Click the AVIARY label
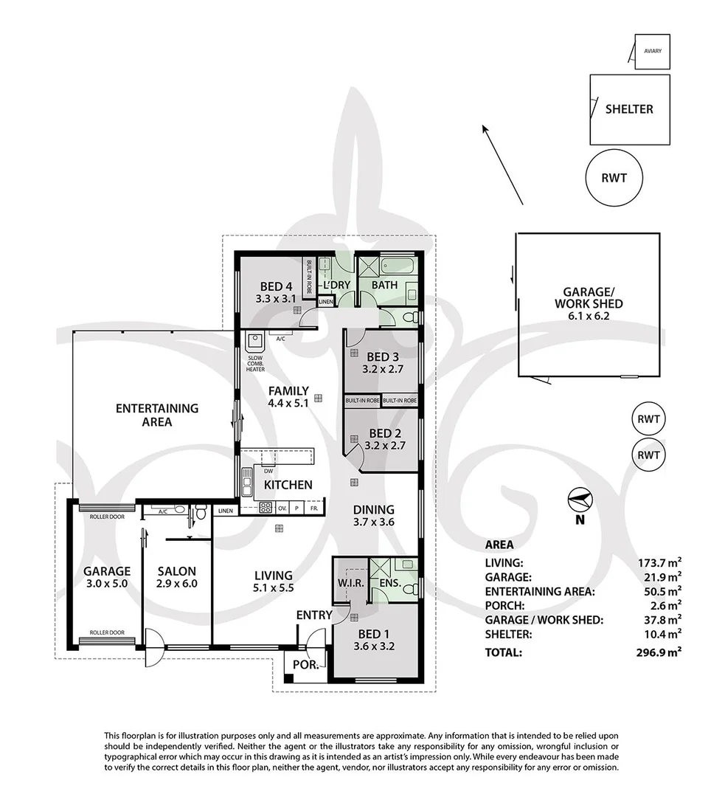tap(652, 51)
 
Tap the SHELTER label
tap(629, 108)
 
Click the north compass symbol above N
tap(580, 500)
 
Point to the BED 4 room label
tap(275, 286)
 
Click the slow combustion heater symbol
tap(254, 342)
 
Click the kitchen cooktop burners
tap(266, 507)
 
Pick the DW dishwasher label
tap(268, 471)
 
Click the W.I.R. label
tap(350, 583)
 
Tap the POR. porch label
tap(306, 664)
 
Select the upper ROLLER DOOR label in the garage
tap(107, 517)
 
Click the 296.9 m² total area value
tap(659, 652)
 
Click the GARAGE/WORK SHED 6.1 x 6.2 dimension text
tap(589, 316)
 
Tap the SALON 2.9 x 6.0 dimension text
tap(177, 584)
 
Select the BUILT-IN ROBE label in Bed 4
tap(308, 277)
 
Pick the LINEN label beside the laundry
tap(326, 302)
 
